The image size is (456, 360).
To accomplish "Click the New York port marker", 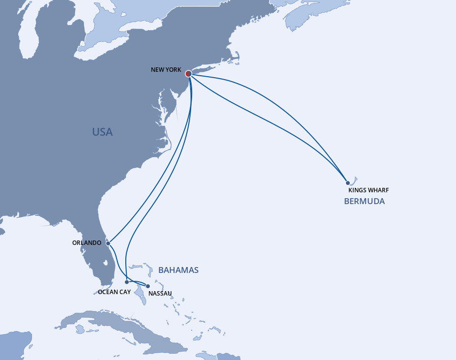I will (189, 74).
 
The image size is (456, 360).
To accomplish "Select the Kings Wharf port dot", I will (348, 183).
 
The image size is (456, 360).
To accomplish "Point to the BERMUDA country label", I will (364, 201).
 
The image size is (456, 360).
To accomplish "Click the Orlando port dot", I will (108, 243).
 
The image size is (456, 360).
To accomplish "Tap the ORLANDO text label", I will (86, 243).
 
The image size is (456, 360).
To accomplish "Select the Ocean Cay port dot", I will (127, 282).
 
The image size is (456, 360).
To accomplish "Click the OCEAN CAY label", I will (114, 292).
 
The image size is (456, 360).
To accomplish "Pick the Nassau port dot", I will (148, 286).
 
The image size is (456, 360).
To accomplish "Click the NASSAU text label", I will (160, 294).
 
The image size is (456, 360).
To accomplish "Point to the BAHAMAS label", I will (178, 270).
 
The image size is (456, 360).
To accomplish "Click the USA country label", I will (102, 132).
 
